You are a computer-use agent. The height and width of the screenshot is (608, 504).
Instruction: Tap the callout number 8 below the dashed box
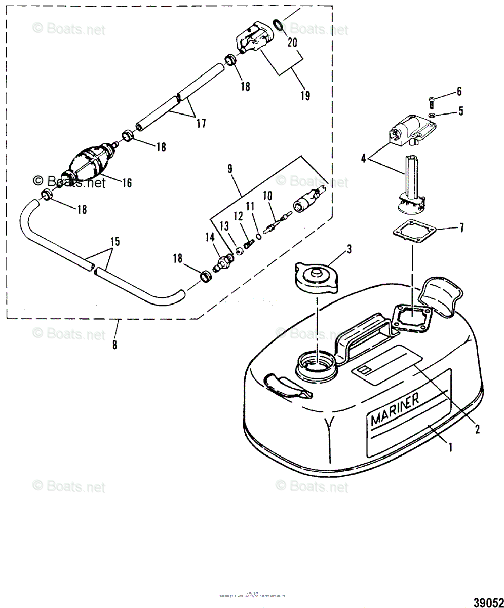(115, 345)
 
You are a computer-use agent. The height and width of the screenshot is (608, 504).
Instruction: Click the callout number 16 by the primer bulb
(126, 183)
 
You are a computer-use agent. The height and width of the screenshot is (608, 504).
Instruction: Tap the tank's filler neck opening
(317, 363)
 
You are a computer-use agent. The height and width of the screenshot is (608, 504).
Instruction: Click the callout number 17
(201, 122)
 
